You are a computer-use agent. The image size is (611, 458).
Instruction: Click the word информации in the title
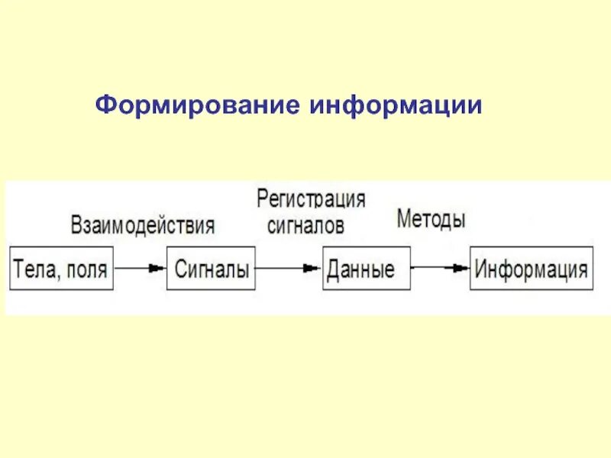396,106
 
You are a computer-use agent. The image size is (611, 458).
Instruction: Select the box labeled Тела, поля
61,269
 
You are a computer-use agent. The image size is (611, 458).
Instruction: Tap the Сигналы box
211,269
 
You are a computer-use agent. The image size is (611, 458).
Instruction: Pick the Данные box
366,269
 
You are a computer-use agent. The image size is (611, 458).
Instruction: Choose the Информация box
532,269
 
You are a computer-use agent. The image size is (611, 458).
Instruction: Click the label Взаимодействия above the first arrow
143,225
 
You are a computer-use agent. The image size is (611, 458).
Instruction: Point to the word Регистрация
311,200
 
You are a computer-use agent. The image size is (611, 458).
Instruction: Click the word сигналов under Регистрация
305,225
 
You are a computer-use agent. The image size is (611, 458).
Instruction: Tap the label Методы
431,220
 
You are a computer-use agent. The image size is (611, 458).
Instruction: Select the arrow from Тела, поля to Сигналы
140,269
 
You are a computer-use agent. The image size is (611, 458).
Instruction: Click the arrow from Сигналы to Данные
289,269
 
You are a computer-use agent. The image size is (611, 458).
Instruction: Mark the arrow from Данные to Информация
440,269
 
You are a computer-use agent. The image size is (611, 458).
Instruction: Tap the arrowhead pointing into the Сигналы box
157,269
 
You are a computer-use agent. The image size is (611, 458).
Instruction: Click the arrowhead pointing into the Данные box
311,269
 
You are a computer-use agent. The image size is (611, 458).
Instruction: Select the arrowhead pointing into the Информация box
460,269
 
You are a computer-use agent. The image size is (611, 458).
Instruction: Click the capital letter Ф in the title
104,106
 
